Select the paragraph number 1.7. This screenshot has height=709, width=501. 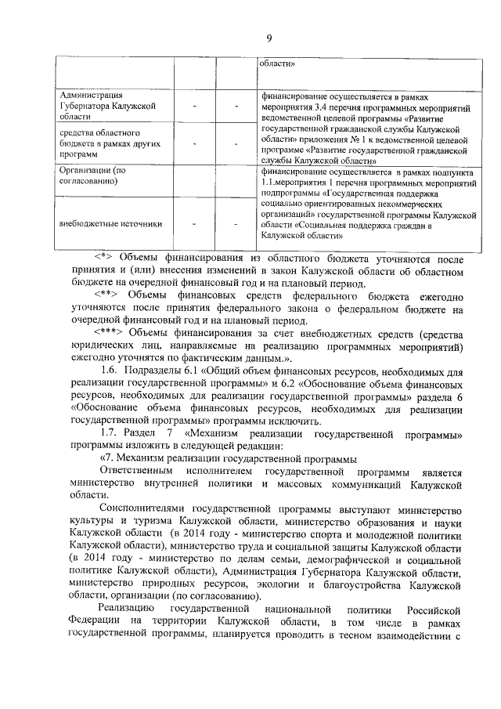pyautogui.click(x=113, y=433)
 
